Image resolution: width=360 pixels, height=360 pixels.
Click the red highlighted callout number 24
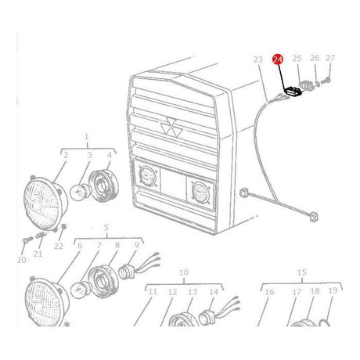pos(278,59)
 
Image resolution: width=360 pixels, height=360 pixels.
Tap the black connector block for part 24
pos(293,92)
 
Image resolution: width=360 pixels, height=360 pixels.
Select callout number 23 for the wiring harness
pos(258,59)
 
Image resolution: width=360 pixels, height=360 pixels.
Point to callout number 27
pos(330,58)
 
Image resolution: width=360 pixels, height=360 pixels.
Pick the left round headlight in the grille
pos(147,176)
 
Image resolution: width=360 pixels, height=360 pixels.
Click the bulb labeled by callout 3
pos(81,192)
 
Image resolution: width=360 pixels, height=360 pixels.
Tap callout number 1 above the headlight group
pos(86,137)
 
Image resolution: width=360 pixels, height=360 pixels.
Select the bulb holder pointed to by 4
pos(104,185)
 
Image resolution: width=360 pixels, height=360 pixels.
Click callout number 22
pos(59,246)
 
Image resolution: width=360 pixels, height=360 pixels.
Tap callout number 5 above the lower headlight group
pos(106,228)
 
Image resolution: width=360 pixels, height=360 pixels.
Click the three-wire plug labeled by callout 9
pos(139,268)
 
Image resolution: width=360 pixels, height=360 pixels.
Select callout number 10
pos(184,272)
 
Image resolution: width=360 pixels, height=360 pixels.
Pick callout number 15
pos(302,272)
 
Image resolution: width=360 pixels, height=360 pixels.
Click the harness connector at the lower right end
pos(314,217)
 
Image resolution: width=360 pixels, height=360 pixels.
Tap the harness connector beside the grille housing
pos(243,193)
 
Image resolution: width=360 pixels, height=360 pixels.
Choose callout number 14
pos(214,292)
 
